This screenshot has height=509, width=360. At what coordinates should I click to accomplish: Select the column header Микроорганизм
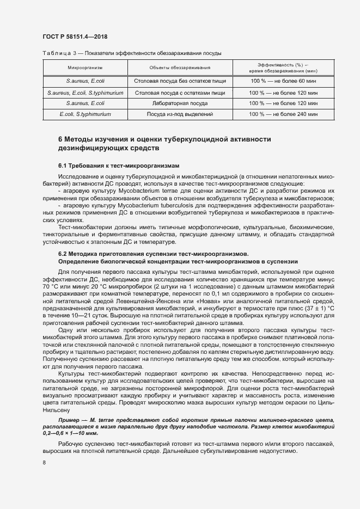86,68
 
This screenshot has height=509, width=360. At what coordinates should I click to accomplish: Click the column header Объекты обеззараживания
180,68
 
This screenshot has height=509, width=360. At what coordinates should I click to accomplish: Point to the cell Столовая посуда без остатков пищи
180,81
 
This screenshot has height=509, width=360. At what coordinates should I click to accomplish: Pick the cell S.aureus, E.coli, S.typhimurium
86,93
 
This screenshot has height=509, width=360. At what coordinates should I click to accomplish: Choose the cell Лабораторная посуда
180,103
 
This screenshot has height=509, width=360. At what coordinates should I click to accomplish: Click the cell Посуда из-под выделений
180,114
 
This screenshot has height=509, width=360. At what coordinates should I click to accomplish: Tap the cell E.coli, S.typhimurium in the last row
86,114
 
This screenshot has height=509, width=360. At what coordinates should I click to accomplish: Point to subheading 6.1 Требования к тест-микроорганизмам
119,165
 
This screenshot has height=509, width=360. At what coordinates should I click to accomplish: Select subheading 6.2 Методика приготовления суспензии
152,254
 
